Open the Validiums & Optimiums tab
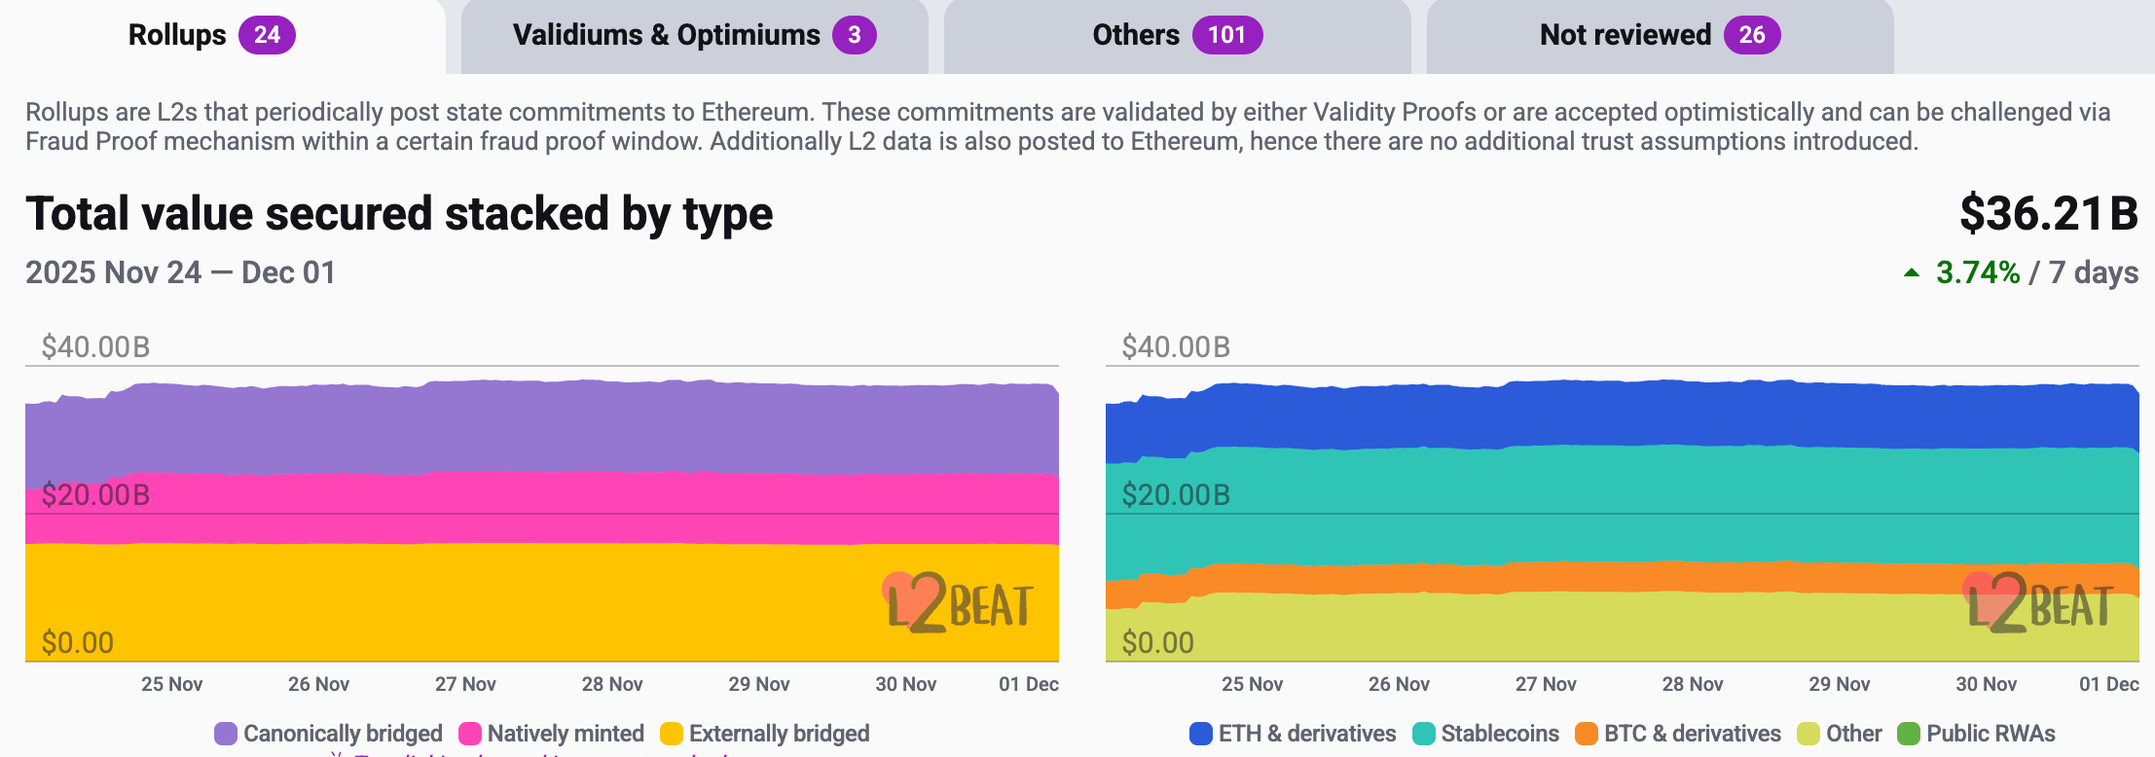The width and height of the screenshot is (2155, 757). pos(694,36)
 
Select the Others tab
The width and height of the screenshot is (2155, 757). pos(1177,36)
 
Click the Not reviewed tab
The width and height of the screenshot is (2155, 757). pos(1660,36)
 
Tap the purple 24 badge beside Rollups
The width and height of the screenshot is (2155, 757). pos(267,36)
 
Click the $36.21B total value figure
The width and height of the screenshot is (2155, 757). pos(2048,214)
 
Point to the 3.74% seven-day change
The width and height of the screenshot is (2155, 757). pos(1978,272)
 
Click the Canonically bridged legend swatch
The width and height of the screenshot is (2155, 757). pos(226,734)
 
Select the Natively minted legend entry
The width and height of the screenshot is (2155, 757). pos(552,734)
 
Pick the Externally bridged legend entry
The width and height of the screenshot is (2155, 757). pos(765,734)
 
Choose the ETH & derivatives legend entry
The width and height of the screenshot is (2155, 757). pos(1293,734)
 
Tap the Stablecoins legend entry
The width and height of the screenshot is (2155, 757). pos(1486,734)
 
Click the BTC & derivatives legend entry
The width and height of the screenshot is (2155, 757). pos(1678,734)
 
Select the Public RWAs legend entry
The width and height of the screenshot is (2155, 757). pos(1977,734)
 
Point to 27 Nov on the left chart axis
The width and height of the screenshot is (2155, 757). pos(465,684)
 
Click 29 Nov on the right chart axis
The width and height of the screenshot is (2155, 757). pos(1840,684)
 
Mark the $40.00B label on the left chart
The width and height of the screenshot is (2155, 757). pos(95,347)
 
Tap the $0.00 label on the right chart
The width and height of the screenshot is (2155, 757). pos(1157,643)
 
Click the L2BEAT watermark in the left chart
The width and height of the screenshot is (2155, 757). pos(959,603)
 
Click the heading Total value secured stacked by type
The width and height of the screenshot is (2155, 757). pos(399,214)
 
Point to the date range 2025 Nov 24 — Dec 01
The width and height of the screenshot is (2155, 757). pos(181,272)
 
